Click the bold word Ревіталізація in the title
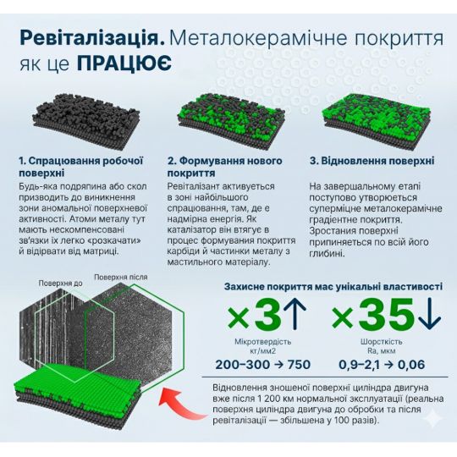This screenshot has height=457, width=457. click(92, 38)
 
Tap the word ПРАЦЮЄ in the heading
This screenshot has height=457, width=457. click(124, 63)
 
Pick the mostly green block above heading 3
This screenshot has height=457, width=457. click(376, 122)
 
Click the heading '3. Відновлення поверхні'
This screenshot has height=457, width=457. click(372, 161)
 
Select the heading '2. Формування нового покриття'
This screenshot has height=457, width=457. click(225, 167)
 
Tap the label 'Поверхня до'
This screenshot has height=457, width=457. click(61, 284)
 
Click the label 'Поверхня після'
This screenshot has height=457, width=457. click(121, 277)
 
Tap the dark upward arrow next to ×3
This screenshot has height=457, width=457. click(295, 313)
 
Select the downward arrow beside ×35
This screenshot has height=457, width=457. click(430, 314)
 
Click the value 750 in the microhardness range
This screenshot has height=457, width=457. click(298, 365)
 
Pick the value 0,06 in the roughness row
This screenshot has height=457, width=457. click(411, 365)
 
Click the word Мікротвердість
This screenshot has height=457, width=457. click(263, 342)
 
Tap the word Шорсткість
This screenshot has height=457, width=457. click(381, 342)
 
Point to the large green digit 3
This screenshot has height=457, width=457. click(267, 316)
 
